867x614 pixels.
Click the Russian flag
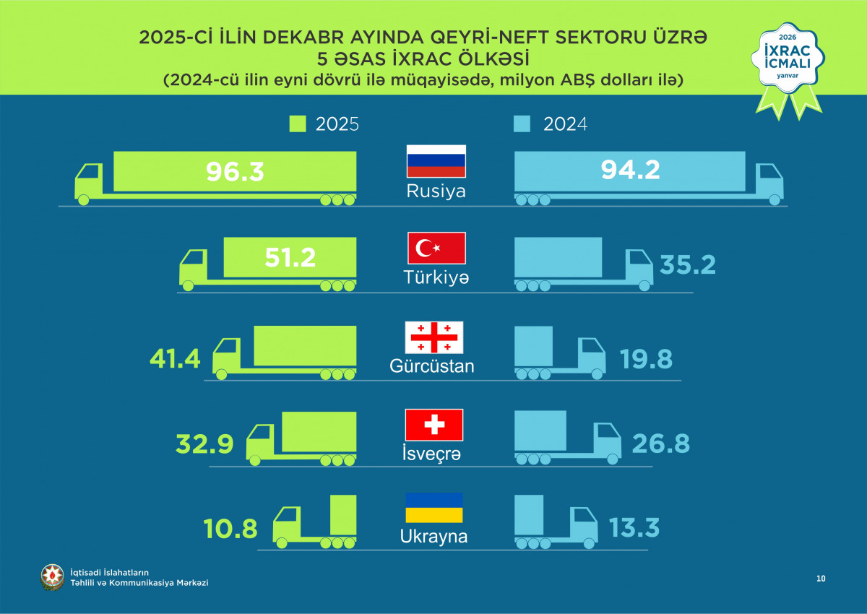pos(436,161)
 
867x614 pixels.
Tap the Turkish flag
pos(436,248)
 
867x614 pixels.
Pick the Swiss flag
pos(434,425)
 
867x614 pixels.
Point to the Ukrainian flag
pos(433,508)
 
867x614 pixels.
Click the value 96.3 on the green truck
pos(235,172)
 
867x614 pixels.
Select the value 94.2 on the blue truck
pos(630,170)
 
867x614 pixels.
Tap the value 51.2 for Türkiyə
pos(290,257)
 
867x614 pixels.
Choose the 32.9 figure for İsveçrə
pos(204,444)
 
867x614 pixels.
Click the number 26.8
pos(661,444)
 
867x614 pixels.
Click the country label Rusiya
pos(436,192)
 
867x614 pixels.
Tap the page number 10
pos(821,578)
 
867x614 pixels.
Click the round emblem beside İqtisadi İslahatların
pos(52,576)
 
